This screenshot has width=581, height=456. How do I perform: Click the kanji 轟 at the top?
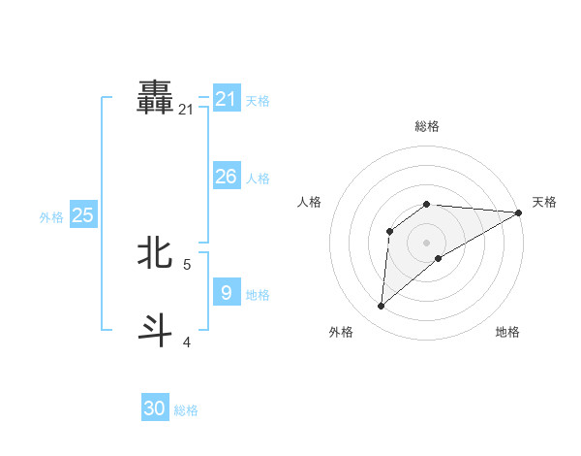pyautogui.click(x=156, y=99)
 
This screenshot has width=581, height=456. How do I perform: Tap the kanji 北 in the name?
pyautogui.click(x=156, y=253)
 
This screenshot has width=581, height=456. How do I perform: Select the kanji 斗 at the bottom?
pyautogui.click(x=156, y=330)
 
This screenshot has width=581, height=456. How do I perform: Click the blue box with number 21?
pyautogui.click(x=227, y=99)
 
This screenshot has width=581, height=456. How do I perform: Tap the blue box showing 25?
pyautogui.click(x=83, y=215)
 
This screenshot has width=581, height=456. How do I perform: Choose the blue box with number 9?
pyautogui.click(x=226, y=292)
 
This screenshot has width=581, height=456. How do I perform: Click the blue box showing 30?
pyautogui.click(x=155, y=408)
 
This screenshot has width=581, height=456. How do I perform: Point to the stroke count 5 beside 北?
pyautogui.click(x=187, y=264)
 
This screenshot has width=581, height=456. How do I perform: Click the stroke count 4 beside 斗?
pyautogui.click(x=187, y=342)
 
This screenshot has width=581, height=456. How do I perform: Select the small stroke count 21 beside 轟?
pyautogui.click(x=186, y=111)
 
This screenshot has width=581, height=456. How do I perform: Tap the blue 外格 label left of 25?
pyautogui.click(x=51, y=217)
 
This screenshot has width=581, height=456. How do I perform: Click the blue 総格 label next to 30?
pyautogui.click(x=186, y=410)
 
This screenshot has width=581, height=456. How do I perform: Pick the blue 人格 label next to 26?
pyautogui.click(x=258, y=179)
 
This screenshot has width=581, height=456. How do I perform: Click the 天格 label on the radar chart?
pyautogui.click(x=544, y=202)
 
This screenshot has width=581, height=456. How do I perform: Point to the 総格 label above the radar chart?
pyautogui.click(x=427, y=126)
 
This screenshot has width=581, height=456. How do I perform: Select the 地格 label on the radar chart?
pyautogui.click(x=507, y=332)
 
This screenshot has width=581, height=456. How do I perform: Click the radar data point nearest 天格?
pyautogui.click(x=518, y=212)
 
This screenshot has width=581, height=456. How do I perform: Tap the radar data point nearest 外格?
pyautogui.click(x=382, y=306)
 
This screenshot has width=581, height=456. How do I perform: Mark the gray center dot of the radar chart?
pyautogui.click(x=426, y=242)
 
